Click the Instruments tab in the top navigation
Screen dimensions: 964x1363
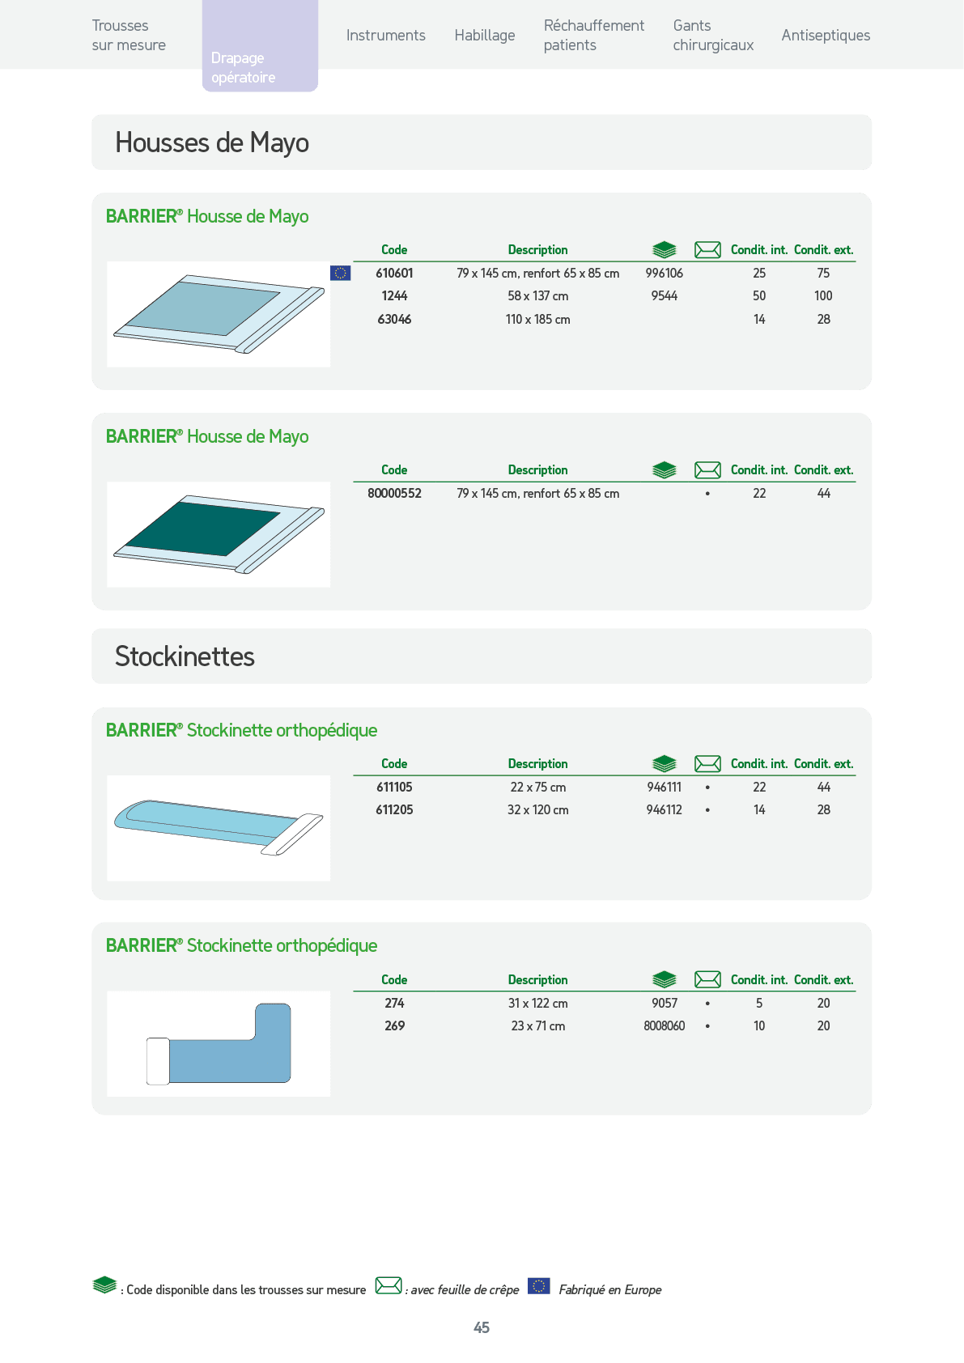[386, 36]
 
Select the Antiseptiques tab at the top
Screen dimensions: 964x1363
[826, 36]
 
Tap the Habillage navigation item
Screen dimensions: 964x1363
[485, 36]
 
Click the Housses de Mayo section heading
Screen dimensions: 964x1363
[212, 142]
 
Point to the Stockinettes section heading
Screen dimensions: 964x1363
[185, 656]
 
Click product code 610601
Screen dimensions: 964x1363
[394, 274]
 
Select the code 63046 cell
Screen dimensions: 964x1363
[394, 320]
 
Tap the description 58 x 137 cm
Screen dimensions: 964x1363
[538, 296]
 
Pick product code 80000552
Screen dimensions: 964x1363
[394, 494]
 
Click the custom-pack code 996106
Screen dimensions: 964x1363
[664, 274]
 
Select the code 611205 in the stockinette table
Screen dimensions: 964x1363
[394, 810]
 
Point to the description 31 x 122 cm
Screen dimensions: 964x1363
[538, 1004]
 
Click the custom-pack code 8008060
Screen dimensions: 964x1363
[664, 1026]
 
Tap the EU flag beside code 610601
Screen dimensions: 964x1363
[340, 274]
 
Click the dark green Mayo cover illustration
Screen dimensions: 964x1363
[219, 534]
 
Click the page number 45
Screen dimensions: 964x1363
[482, 1327]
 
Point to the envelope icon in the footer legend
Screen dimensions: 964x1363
[389, 1285]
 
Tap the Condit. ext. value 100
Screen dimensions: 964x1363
[823, 296]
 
